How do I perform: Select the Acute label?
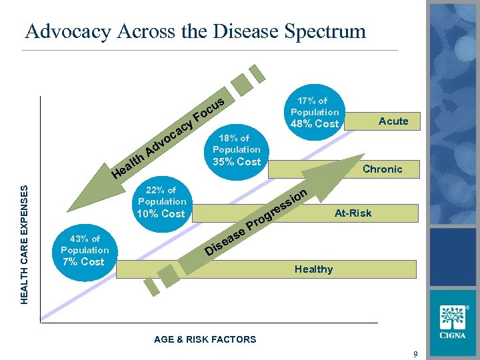(393, 121)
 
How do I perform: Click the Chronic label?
(382, 169)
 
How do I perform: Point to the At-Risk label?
(353, 213)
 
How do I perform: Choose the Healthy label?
(313, 269)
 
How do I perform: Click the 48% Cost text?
(315, 124)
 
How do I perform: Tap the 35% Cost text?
(236, 161)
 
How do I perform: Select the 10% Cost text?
(161, 214)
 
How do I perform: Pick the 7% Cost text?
(83, 261)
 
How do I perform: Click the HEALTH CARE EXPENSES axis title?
(25, 245)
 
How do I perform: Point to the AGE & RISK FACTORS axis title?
(205, 339)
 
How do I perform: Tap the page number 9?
(415, 354)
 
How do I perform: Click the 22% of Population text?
(162, 196)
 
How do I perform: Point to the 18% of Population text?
(236, 144)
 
